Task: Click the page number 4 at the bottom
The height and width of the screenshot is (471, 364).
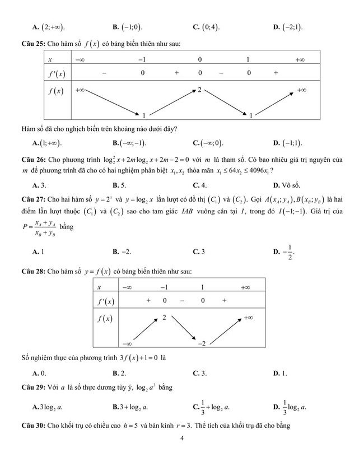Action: [183, 439]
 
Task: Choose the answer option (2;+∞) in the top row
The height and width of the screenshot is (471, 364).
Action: [51, 26]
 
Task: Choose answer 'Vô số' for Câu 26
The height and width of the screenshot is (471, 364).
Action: [290, 185]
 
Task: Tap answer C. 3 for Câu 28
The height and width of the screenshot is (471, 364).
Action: [199, 372]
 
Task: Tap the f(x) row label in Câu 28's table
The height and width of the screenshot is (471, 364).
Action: [104, 319]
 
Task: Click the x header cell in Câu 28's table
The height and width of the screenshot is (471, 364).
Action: [99, 287]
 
